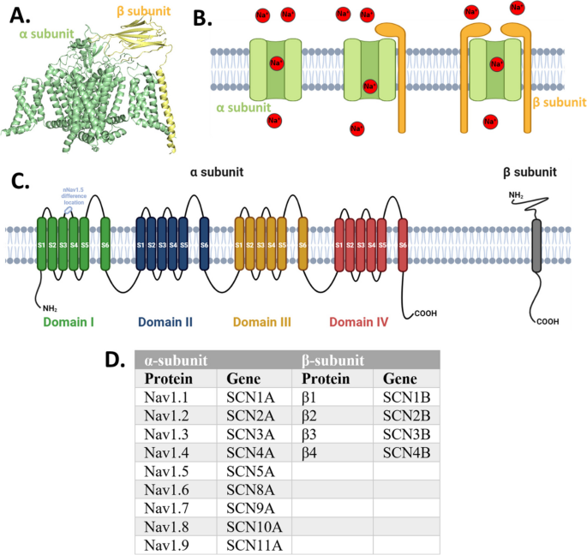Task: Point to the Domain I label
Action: (69, 322)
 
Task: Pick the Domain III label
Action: (262, 322)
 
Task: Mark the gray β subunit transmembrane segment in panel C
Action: (536, 245)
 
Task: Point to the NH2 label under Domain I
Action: (46, 306)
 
